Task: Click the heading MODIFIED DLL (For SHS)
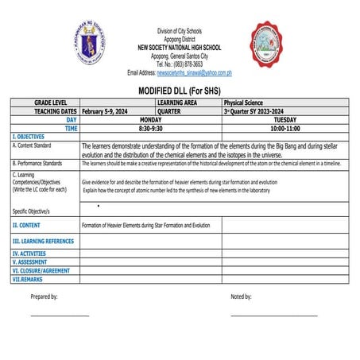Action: [180, 91]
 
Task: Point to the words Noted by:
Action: [241, 296]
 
